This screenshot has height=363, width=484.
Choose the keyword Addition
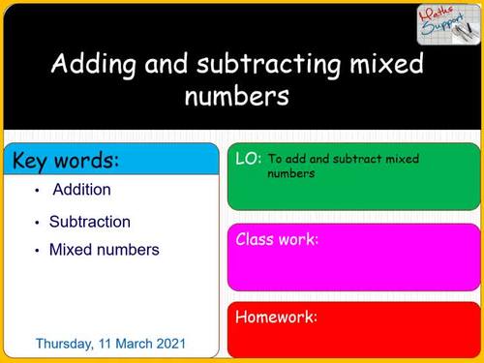(x=81, y=190)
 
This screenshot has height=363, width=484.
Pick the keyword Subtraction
(x=89, y=222)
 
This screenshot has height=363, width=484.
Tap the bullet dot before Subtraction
(x=37, y=223)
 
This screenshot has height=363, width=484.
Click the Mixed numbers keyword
(x=104, y=250)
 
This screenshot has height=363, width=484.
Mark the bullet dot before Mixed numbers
(x=37, y=251)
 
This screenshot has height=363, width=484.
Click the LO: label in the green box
(x=248, y=158)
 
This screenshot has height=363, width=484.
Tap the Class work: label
(x=277, y=239)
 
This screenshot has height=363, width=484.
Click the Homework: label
(x=276, y=317)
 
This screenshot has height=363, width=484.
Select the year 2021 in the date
(x=170, y=344)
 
